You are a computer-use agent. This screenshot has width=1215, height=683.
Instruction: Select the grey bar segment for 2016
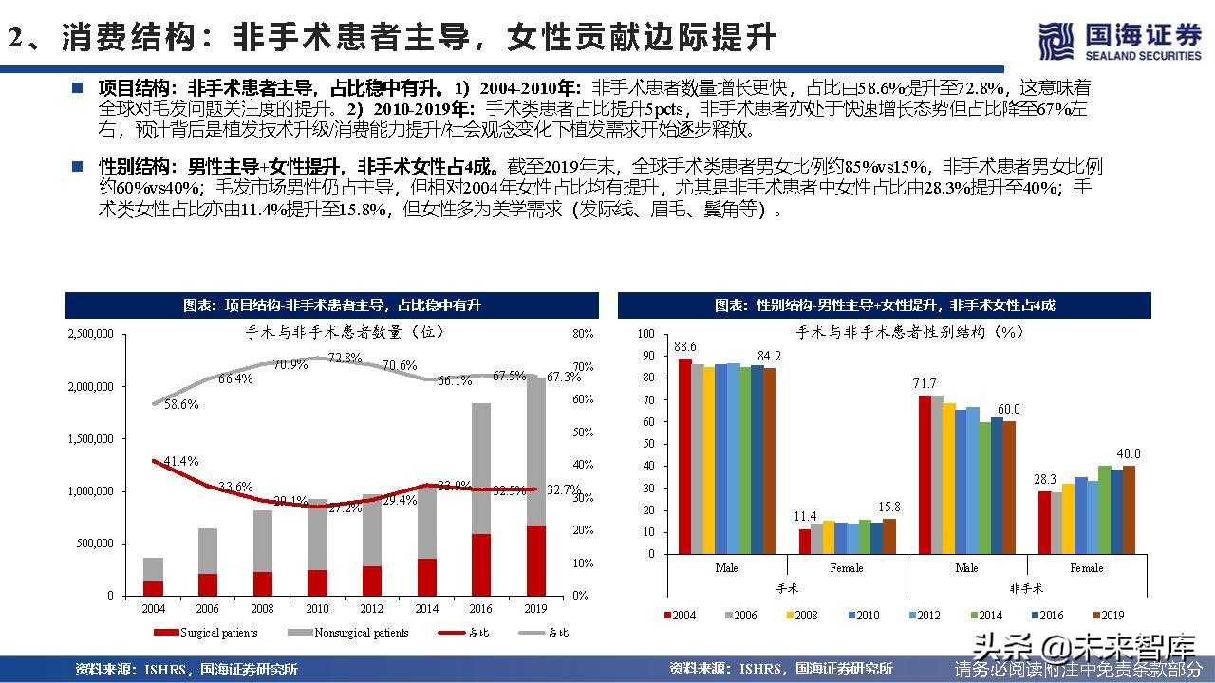coord(481,469)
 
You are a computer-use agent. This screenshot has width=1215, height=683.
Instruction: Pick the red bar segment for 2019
coord(536,561)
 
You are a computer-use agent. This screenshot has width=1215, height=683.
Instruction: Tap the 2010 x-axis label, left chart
coord(317,608)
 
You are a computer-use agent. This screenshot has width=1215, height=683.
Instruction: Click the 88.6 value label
coord(685,346)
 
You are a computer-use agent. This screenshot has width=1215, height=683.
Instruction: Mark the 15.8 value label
coord(890,508)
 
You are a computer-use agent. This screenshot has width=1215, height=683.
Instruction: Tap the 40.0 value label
coord(1128,453)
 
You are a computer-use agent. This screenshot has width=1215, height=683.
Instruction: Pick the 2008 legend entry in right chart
coord(800,616)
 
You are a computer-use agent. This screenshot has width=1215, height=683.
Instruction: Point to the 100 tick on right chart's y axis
coord(646,334)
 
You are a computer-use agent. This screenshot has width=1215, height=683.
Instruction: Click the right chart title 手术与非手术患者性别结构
coord(908,332)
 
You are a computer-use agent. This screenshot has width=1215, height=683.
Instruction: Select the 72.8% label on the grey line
coord(346,358)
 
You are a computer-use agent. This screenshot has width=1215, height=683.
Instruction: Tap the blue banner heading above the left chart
coord(332,305)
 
